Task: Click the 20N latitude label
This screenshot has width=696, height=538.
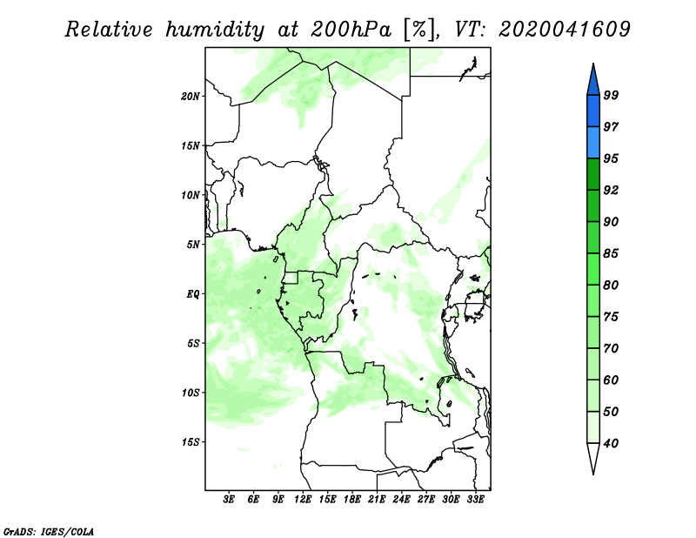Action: coord(191,97)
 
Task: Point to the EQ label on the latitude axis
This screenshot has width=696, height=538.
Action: coord(192,294)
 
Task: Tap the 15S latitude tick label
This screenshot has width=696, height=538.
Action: coord(191,442)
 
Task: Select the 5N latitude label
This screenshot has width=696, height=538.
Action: coord(193,245)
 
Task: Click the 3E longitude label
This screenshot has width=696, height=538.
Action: coord(229,500)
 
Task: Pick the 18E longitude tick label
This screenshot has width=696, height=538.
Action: coord(352,500)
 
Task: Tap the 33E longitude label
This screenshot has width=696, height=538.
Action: coord(475,500)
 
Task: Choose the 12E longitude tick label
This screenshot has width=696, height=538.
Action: coord(303,500)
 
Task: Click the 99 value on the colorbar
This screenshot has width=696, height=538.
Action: coord(611,95)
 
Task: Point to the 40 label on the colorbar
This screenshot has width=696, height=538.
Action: coord(611,443)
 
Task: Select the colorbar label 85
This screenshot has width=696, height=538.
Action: coord(611,253)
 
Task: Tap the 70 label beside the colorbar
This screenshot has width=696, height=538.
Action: coord(611,348)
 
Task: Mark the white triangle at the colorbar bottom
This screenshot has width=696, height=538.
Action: coord(593,457)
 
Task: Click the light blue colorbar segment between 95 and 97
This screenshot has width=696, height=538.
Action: coord(593,143)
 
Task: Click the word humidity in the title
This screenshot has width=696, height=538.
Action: coord(215,30)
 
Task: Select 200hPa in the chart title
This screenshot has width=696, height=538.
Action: coord(351,30)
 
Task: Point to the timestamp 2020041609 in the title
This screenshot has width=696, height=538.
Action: coord(564,30)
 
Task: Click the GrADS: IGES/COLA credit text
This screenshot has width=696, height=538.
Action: coord(49,532)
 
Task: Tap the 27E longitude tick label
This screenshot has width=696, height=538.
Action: coord(426,500)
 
